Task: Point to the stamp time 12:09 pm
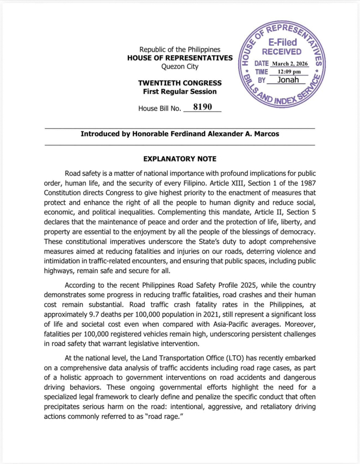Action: click(x=289, y=71)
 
